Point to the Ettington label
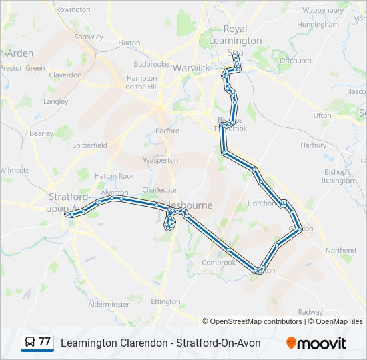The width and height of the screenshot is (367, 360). (165, 301)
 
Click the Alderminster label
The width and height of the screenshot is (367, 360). (109, 304)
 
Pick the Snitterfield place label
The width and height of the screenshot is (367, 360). (89, 145)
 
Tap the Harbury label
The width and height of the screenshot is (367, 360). (314, 145)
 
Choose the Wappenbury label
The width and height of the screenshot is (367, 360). (323, 11)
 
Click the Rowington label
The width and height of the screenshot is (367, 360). (73, 9)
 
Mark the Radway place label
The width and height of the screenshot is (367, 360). (310, 311)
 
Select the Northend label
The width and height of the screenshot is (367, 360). (341, 251)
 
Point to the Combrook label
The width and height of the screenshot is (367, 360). (219, 263)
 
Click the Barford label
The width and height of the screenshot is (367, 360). (167, 131)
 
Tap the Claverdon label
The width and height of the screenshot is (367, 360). (65, 75)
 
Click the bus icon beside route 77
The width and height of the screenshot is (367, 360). (30, 343)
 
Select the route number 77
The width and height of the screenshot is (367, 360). (45, 343)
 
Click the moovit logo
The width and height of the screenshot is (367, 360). (316, 343)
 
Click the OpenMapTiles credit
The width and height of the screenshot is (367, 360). (339, 321)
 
